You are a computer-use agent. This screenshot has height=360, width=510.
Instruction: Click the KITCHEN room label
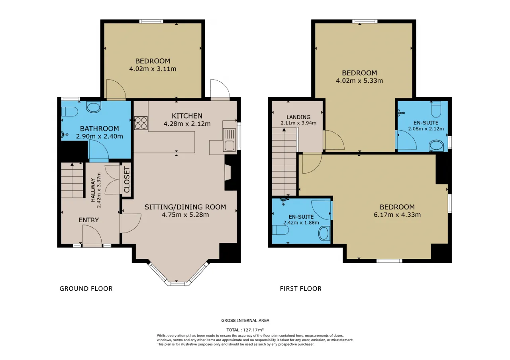pyautogui.click(x=187, y=116)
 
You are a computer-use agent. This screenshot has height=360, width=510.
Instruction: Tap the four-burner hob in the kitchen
pyautogui.click(x=141, y=123)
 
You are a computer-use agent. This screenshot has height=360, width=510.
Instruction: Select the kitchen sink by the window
pyautogui.click(x=229, y=140)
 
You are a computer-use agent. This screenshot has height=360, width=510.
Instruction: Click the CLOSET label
pyautogui.click(x=127, y=180)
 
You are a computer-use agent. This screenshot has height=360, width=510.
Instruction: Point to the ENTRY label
pyautogui.click(x=88, y=220)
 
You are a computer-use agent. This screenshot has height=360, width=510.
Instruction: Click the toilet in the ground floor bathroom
pyautogui.click(x=69, y=112)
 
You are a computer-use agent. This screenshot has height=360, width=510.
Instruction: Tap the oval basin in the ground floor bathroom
pyautogui.click(x=94, y=107)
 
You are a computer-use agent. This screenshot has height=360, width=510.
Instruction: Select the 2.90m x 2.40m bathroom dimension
pyautogui.click(x=100, y=136)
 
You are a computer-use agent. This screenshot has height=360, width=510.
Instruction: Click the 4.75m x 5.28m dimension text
pyautogui.click(x=185, y=215)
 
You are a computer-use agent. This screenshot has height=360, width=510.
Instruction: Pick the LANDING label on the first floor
pyautogui.click(x=298, y=117)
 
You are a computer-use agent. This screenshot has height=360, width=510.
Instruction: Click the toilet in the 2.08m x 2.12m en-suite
pyautogui.click(x=436, y=109)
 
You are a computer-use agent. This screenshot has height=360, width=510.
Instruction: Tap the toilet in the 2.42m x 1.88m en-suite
pyautogui.click(x=280, y=230)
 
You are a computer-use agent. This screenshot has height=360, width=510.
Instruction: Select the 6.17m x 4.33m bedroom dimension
pyautogui.click(x=397, y=215)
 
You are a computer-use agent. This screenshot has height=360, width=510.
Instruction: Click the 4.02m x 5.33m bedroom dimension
pyautogui.click(x=359, y=80)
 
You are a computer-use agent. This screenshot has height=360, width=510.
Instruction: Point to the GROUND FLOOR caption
pyautogui.click(x=86, y=289)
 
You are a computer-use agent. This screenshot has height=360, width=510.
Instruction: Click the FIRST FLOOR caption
pyautogui.click(x=300, y=289)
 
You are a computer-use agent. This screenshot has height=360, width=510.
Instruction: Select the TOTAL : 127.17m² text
pyautogui.click(x=245, y=330)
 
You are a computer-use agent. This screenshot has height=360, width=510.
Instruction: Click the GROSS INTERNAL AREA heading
pyautogui.click(x=245, y=321)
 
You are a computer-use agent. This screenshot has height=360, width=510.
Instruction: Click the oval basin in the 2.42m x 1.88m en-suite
pyautogui.click(x=324, y=233)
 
